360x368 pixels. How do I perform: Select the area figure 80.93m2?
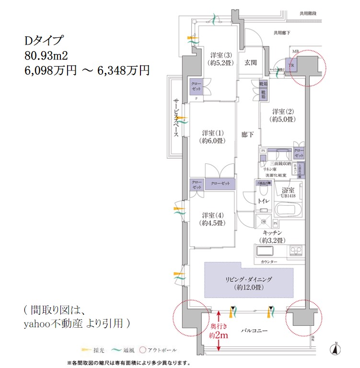click(x=49, y=55)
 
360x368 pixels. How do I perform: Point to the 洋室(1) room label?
click(x=213, y=137)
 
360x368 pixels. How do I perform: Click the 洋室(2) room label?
click(x=282, y=115)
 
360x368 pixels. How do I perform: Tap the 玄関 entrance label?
click(x=250, y=62)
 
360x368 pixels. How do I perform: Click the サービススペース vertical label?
click(x=176, y=118)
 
